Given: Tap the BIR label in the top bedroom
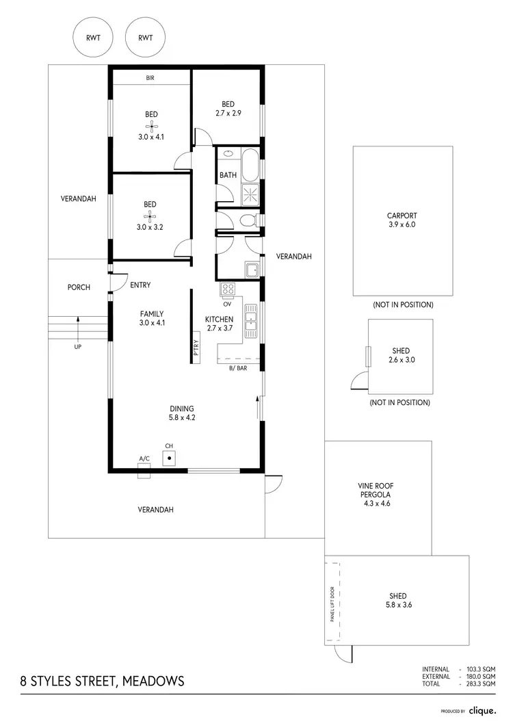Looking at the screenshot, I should point(150,78).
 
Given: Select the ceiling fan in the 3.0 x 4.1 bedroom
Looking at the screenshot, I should point(150,125).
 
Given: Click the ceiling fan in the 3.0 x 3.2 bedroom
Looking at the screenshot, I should point(150,216).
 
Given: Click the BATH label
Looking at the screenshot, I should point(228,175).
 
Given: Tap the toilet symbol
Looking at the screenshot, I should point(247,220).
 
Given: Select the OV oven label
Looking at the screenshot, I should point(227,304).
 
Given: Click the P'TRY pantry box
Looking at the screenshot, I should point(196,348).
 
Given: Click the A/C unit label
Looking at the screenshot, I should point(144,458).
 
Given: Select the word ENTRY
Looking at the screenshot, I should point(140,285).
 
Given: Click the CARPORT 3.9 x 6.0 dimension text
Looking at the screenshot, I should point(402,224).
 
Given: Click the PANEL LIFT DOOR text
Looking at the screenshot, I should point(332,603).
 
